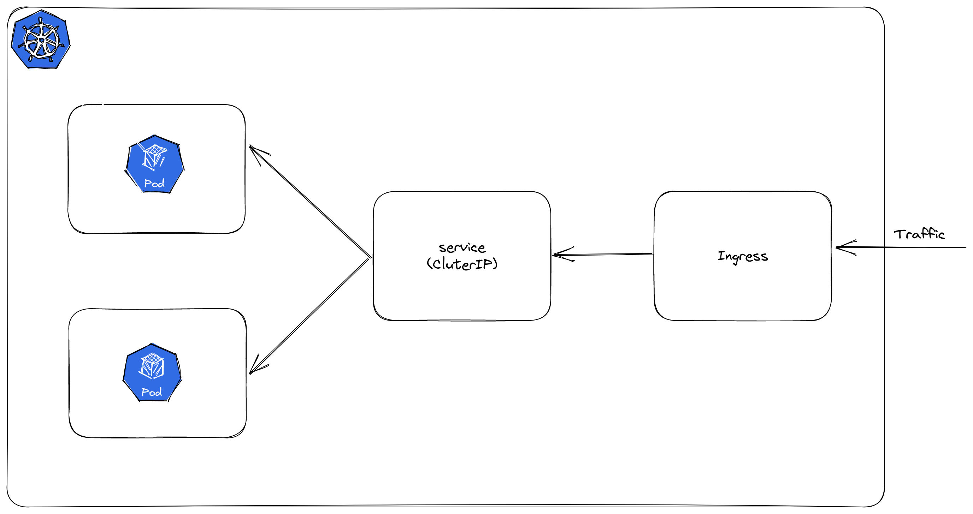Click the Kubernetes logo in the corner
tap(41, 40)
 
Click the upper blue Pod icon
tap(154, 164)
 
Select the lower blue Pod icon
tap(152, 372)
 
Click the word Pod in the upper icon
tap(154, 184)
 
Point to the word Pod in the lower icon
tap(152, 393)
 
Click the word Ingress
tap(743, 257)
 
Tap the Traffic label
tap(919, 234)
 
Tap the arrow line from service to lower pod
tap(310, 316)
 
